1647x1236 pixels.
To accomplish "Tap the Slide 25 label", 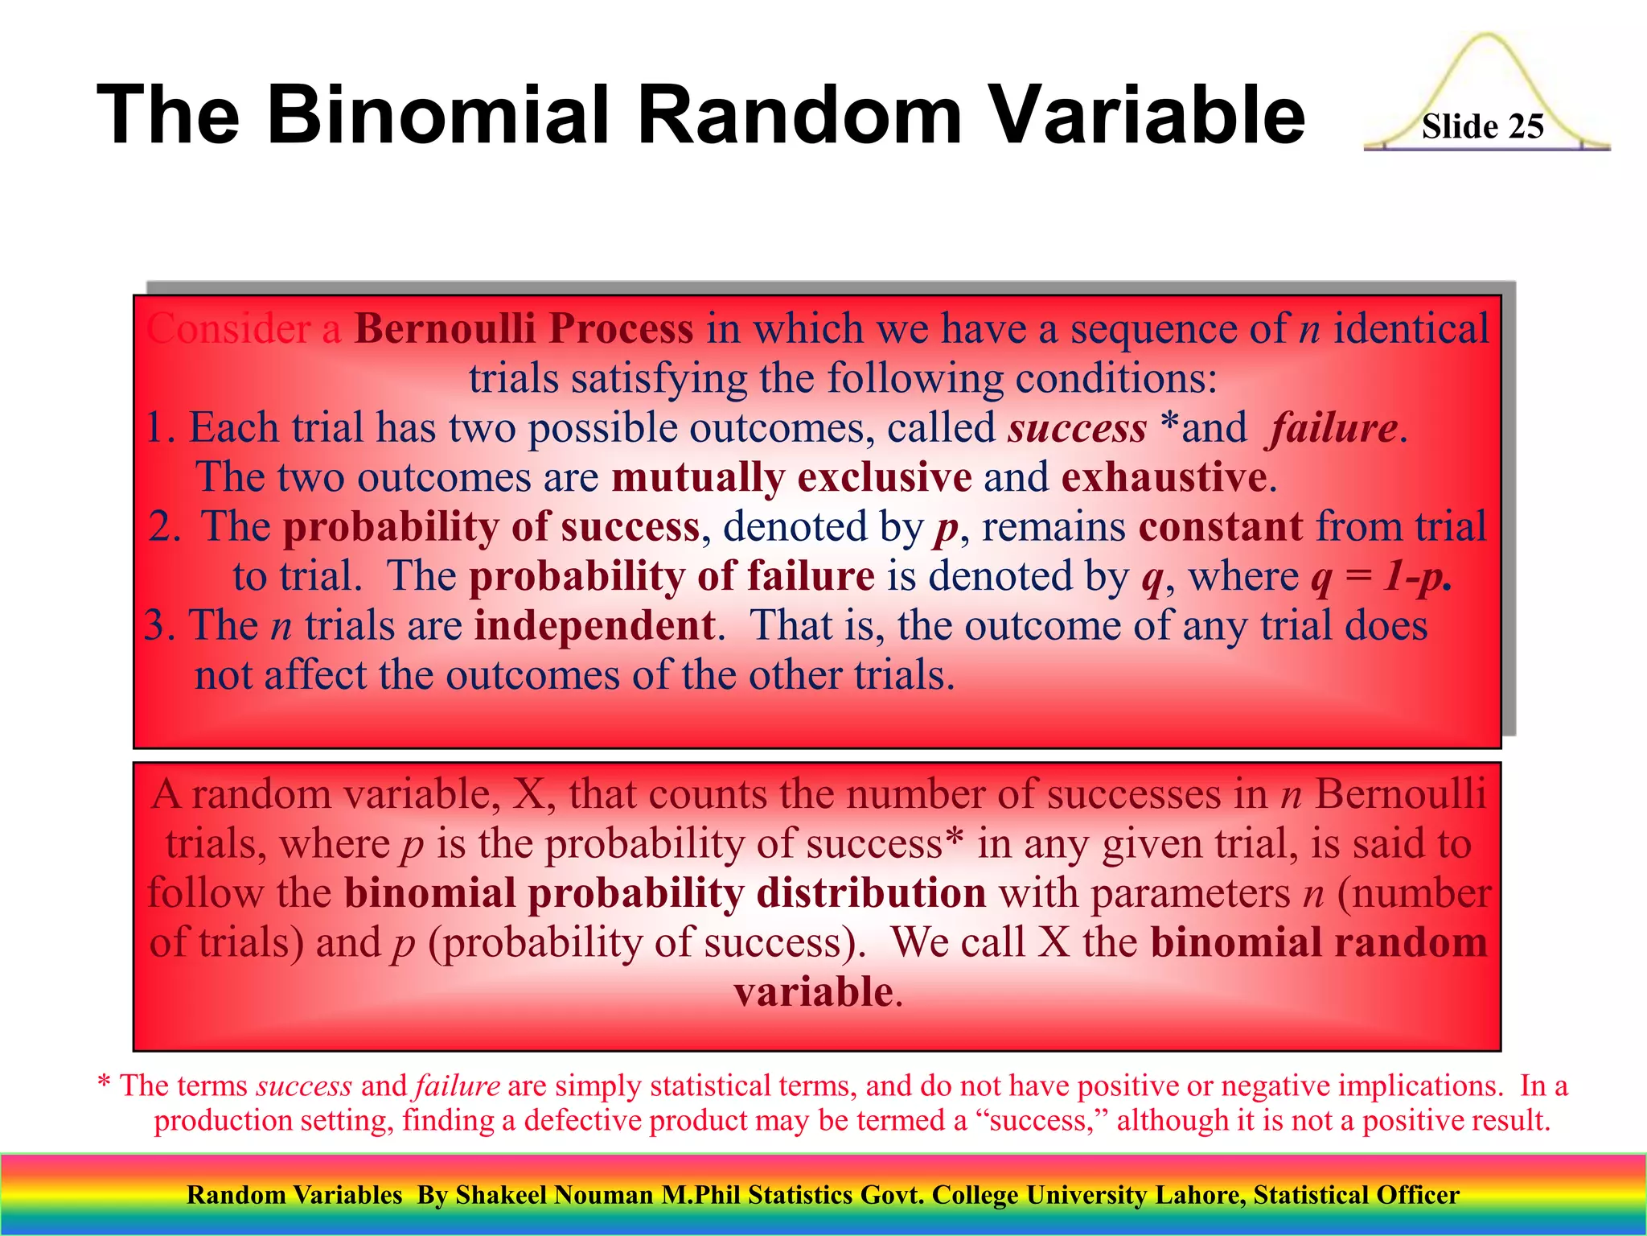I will [x=1482, y=127].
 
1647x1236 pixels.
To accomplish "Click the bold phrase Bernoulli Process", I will [x=524, y=329].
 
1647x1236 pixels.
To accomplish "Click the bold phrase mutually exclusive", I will [x=791, y=477].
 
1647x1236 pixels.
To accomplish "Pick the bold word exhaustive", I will [x=1164, y=477].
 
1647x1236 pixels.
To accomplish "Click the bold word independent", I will [x=594, y=626].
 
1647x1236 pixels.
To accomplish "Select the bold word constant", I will [x=1220, y=527].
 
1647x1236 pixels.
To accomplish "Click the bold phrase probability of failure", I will [x=672, y=576].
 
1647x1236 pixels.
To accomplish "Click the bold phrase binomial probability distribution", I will [x=665, y=893].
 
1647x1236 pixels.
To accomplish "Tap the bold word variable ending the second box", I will [x=813, y=991].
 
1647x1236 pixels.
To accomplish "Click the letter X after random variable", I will [x=528, y=795].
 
